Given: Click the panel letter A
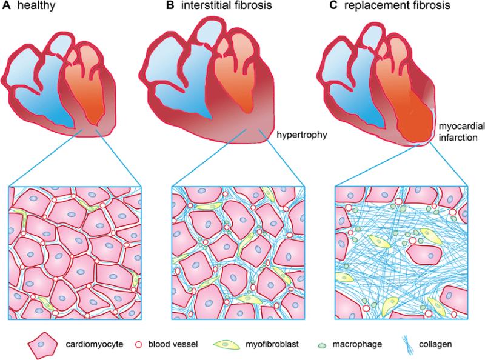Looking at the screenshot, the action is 7,5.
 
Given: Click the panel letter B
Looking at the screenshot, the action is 170,5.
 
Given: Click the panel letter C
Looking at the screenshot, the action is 333,5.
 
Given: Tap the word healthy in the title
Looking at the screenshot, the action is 36,6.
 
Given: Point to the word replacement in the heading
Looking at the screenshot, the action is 377,6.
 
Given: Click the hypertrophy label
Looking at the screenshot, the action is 301,135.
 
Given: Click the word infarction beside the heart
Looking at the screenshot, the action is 458,137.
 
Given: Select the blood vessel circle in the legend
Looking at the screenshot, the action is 139,344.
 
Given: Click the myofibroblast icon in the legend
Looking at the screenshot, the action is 226,344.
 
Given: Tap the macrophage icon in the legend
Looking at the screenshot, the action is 322,345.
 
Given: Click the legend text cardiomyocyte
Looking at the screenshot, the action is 95,344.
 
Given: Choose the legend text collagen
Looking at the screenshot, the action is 435,344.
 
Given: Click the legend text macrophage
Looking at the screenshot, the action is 357,344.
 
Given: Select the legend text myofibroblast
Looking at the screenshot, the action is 272,344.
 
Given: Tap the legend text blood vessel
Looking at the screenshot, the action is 173,344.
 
